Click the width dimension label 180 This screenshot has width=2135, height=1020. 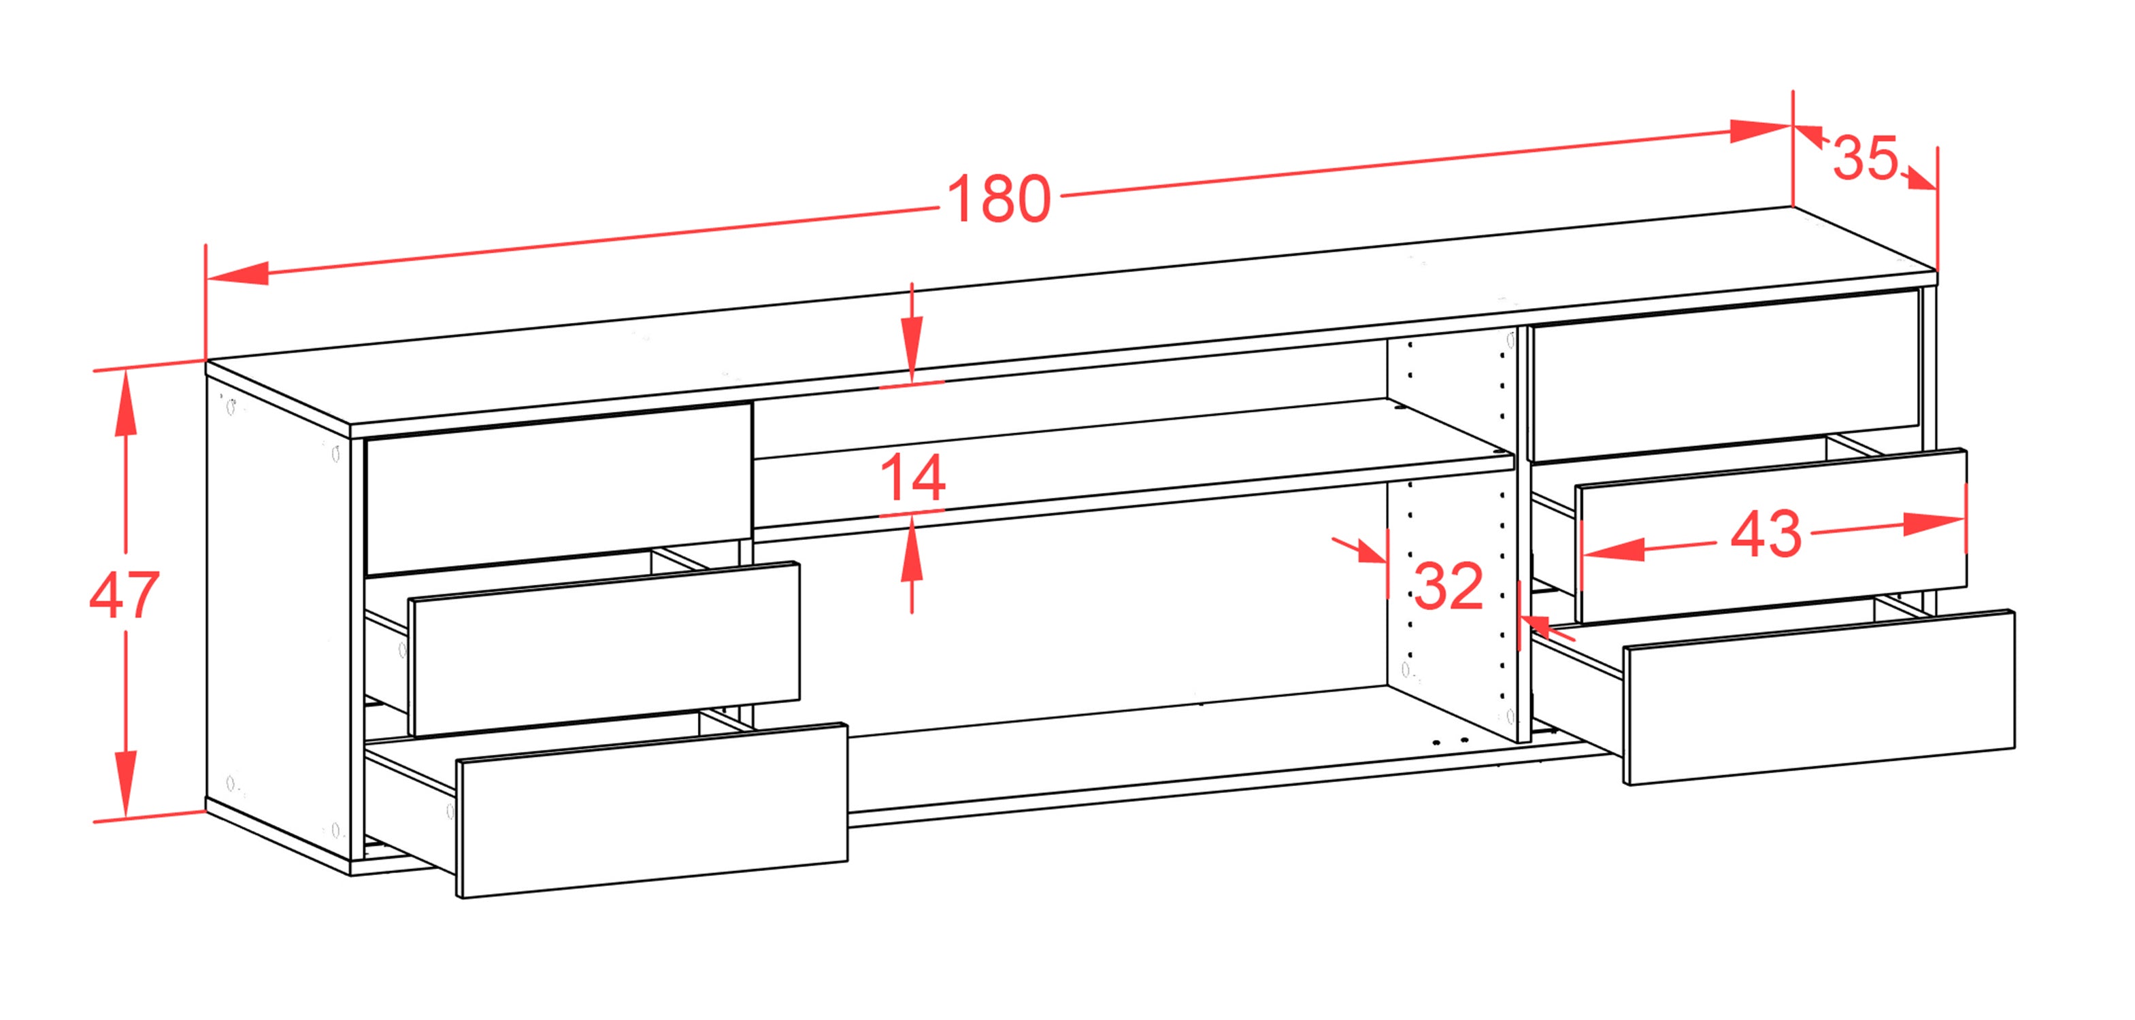[999, 199]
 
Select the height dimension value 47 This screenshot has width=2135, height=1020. [125, 594]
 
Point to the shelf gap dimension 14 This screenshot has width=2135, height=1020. [912, 478]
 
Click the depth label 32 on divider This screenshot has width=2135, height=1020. [1448, 585]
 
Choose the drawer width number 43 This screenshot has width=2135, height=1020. [1766, 534]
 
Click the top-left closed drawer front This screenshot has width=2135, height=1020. [559, 489]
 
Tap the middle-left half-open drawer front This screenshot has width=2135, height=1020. [605, 649]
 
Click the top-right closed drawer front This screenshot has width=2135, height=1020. [1725, 375]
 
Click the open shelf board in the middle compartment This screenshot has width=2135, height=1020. [1133, 462]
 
